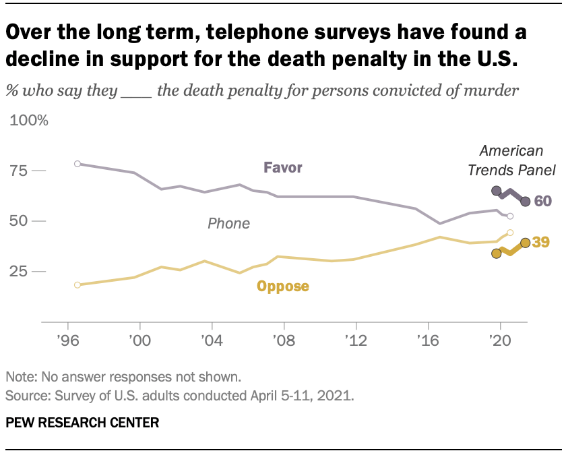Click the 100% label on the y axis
coord(28,121)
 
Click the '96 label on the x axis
coord(67,340)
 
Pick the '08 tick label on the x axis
coord(283,340)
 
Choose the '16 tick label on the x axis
coord(428,340)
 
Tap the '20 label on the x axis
coord(500,340)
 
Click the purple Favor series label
coord(282,168)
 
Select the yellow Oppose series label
coord(282,286)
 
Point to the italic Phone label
coord(228,223)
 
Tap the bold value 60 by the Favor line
coord(543,201)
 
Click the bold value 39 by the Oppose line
coord(541,242)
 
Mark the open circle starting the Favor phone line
coord(77,164)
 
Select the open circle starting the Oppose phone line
coord(77,285)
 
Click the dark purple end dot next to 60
coord(526,201)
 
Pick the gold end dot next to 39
coord(525,243)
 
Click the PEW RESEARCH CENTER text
coord(82,423)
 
